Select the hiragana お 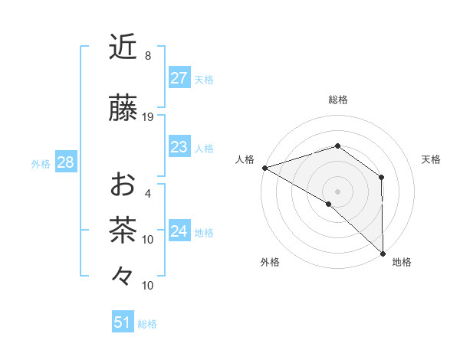[123, 185]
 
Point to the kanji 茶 [123, 231]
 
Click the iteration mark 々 [123, 276]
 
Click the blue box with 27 [179, 78]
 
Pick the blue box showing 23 [179, 147]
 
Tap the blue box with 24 [179, 231]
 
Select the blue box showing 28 [65, 162]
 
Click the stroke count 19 [148, 117]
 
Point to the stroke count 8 [148, 56]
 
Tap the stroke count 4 [148, 194]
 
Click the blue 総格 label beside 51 [147, 324]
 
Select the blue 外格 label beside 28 [41, 163]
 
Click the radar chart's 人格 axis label [245, 159]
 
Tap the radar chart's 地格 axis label [402, 262]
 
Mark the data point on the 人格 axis [264, 167]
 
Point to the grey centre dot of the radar [337, 191]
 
